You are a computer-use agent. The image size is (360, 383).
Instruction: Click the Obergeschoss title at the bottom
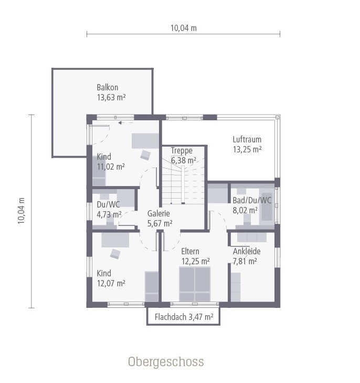click(x=166, y=362)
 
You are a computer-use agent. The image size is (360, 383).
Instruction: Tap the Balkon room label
click(x=107, y=87)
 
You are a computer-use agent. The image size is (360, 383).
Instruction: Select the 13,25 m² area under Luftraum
click(x=247, y=149)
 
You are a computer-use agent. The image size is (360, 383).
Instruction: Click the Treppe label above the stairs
click(x=182, y=151)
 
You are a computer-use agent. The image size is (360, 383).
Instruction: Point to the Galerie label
click(x=158, y=213)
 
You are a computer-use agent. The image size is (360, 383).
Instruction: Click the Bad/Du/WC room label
click(x=252, y=200)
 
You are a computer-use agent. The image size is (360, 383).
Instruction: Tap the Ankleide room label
click(x=247, y=251)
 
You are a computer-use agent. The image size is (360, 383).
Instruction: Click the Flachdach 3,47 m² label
click(x=184, y=317)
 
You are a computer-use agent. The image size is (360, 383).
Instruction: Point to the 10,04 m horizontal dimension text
click(x=183, y=28)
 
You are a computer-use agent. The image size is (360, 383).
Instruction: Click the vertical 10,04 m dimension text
click(x=22, y=211)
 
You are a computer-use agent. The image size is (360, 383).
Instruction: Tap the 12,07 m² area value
click(x=111, y=283)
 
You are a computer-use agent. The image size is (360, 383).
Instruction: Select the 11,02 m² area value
click(x=110, y=167)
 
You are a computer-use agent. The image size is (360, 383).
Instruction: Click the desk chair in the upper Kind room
click(x=145, y=154)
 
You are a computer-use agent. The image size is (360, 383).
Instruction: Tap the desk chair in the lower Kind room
click(x=115, y=254)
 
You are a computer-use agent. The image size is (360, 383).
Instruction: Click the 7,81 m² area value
click(x=245, y=261)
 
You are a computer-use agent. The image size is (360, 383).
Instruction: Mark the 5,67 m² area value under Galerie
click(x=160, y=223)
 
